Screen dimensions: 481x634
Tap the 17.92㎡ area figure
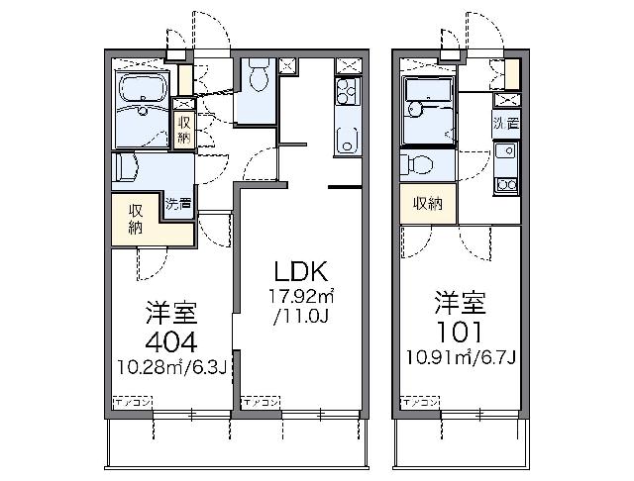pyautogui.click(x=302, y=297)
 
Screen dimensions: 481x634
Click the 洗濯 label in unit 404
pyautogui.click(x=178, y=205)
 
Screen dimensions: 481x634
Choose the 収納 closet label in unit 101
pyautogui.click(x=427, y=204)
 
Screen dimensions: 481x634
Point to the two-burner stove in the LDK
pyautogui.click(x=347, y=94)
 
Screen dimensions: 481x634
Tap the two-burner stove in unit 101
pyautogui.click(x=505, y=184)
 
